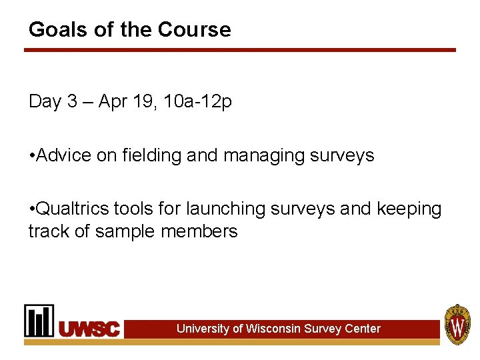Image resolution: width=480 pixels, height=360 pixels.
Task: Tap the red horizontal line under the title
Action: click(240, 50)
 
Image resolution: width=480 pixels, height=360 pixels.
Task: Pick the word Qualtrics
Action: click(73, 209)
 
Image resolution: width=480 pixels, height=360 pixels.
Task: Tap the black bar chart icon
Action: click(39, 321)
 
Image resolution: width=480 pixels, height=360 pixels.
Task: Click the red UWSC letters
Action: click(89, 329)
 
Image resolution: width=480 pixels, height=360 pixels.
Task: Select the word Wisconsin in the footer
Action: click(273, 329)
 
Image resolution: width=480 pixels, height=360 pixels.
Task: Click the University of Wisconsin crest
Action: click(458, 325)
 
